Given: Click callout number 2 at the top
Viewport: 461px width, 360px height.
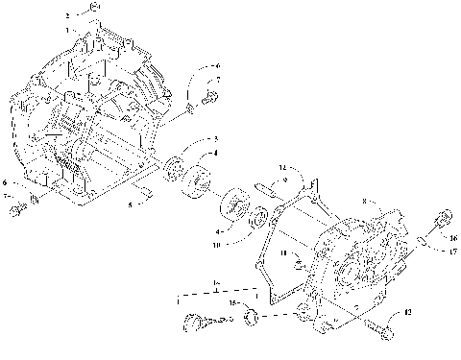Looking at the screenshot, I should click(x=68, y=16).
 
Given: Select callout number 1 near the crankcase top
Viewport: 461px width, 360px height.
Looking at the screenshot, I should click(x=69, y=31).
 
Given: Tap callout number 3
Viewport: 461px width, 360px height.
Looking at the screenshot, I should click(x=215, y=139).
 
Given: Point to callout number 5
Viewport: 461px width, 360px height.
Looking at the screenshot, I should click(x=131, y=204).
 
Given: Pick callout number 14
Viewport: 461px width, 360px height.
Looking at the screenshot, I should click(x=282, y=168).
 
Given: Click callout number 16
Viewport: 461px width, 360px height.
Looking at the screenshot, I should click(x=453, y=238).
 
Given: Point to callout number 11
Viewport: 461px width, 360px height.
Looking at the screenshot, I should click(x=283, y=252).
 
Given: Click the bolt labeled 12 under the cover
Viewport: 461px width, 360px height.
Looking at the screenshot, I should click(x=378, y=329).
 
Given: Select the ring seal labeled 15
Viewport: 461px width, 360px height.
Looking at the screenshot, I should click(x=249, y=315).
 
